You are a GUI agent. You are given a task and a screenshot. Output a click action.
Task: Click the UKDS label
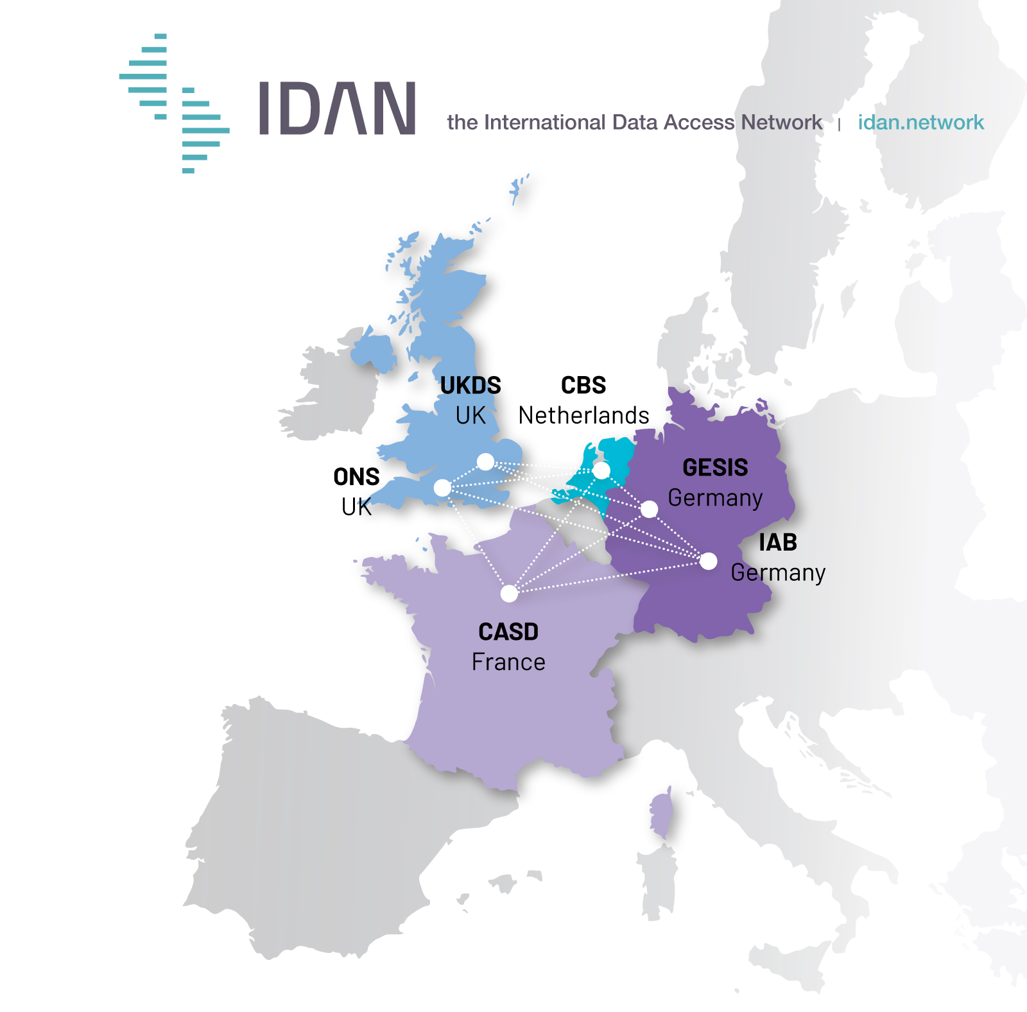pyautogui.click(x=470, y=386)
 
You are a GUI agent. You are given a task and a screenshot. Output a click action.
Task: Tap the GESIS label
pyautogui.click(x=715, y=468)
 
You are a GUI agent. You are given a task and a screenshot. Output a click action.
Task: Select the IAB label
pyautogui.click(x=777, y=543)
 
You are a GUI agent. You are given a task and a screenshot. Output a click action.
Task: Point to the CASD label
pyautogui.click(x=508, y=632)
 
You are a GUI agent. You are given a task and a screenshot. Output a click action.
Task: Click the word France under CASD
pyautogui.click(x=508, y=662)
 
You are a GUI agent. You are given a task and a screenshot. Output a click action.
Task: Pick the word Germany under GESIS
pyautogui.click(x=715, y=498)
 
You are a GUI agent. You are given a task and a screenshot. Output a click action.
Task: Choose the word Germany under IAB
pyautogui.click(x=778, y=572)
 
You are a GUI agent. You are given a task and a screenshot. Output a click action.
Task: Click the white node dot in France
pyautogui.click(x=509, y=594)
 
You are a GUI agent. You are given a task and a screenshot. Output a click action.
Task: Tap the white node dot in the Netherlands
pyautogui.click(x=601, y=470)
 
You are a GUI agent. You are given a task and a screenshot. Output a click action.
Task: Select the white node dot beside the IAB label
pyautogui.click(x=708, y=562)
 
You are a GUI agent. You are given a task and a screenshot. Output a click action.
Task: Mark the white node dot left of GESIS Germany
pyautogui.click(x=650, y=509)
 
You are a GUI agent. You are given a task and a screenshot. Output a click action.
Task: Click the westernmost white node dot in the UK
pyautogui.click(x=442, y=488)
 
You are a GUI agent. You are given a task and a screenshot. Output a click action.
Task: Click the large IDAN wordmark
pyautogui.click(x=337, y=108)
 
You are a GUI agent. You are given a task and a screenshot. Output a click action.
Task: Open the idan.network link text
pyautogui.click(x=920, y=122)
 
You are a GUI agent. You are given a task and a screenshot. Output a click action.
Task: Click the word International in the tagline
pyautogui.click(x=544, y=122)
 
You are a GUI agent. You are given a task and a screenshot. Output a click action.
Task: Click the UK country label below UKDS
pyautogui.click(x=470, y=416)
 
